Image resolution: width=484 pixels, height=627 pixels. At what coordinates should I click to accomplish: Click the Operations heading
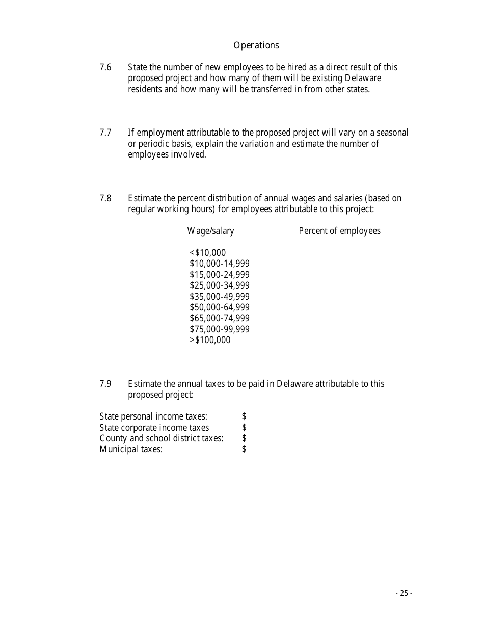(x=256, y=45)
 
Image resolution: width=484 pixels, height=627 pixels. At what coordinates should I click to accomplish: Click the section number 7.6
(x=105, y=67)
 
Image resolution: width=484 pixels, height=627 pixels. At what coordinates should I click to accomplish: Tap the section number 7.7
(x=105, y=133)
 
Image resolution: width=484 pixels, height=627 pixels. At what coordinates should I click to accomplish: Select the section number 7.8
(x=105, y=198)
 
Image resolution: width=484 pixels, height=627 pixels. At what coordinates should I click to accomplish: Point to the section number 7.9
(x=105, y=384)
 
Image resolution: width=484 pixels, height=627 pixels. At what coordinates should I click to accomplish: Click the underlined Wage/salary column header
(x=211, y=231)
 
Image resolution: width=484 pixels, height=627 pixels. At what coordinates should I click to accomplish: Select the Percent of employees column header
(x=339, y=231)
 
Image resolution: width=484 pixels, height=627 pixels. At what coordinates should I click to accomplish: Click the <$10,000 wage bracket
(x=207, y=253)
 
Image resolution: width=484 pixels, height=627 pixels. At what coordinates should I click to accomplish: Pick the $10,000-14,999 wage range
(x=220, y=264)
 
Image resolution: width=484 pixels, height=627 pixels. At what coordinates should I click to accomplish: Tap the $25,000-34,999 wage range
(x=220, y=285)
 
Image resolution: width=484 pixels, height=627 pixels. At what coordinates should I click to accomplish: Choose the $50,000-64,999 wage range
(x=220, y=307)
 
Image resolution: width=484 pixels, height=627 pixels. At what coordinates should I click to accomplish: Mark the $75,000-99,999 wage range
(x=220, y=329)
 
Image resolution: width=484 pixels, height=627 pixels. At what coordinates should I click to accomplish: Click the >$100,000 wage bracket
(x=210, y=340)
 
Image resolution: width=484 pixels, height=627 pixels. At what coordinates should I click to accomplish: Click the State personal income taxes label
(x=153, y=417)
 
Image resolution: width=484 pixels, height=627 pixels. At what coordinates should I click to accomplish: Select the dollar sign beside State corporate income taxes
(x=244, y=427)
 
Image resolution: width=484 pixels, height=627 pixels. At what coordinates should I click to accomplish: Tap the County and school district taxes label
(x=162, y=438)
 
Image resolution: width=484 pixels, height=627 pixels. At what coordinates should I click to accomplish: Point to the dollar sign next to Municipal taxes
(x=244, y=449)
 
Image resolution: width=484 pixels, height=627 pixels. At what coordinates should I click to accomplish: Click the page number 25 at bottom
(x=404, y=593)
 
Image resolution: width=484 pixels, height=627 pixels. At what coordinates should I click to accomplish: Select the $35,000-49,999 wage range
(x=220, y=297)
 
